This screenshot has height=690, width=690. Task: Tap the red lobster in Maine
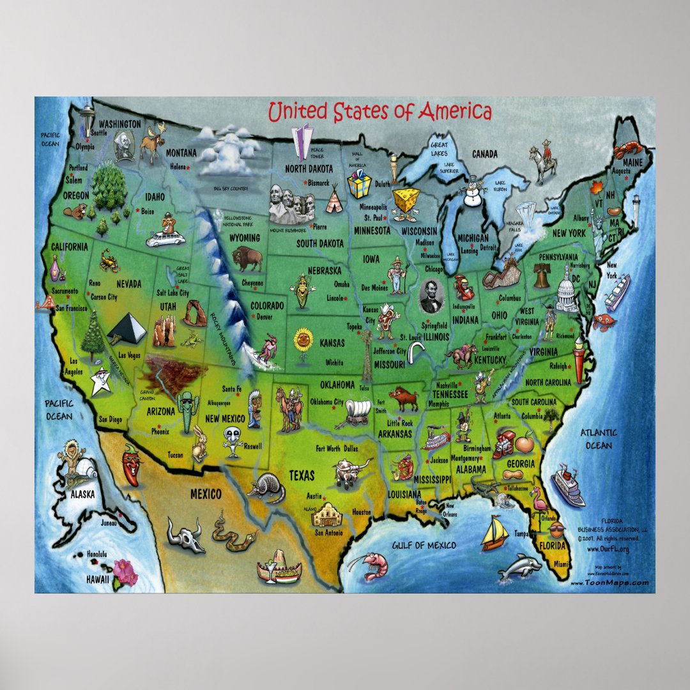click(627, 151)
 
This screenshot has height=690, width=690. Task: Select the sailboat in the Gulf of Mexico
click(494, 533)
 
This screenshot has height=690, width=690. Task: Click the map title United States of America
click(379, 112)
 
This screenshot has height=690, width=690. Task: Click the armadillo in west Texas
click(266, 488)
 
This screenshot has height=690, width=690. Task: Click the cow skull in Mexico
click(185, 533)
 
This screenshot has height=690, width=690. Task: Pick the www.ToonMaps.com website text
click(609, 583)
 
